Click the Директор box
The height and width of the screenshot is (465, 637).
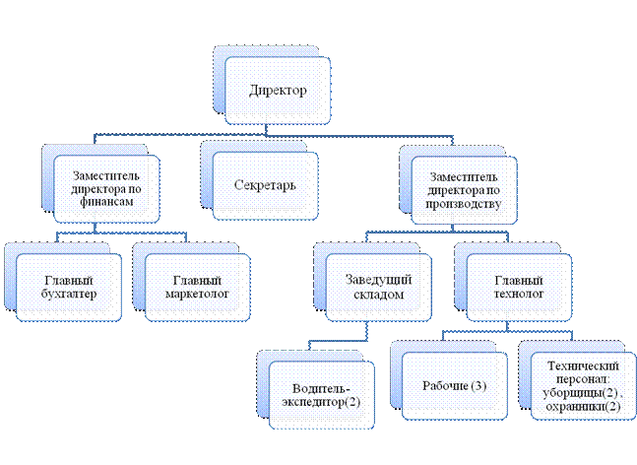tap(277, 91)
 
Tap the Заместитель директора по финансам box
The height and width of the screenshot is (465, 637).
tap(103, 186)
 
